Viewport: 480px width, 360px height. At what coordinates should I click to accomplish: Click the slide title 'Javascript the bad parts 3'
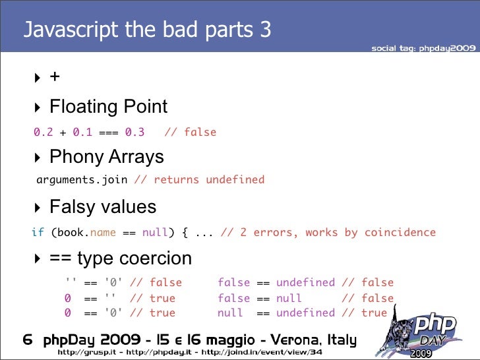pyautogui.click(x=147, y=30)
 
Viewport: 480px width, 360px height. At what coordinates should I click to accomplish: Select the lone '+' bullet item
pyautogui.click(x=55, y=77)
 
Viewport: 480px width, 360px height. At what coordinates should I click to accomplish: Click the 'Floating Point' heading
pyautogui.click(x=108, y=107)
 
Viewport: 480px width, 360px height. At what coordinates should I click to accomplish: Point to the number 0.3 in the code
pyautogui.click(x=135, y=132)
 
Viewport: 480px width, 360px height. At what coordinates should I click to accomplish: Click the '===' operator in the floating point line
pyautogui.click(x=108, y=132)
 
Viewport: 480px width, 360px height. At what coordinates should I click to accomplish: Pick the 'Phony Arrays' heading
pyautogui.click(x=106, y=157)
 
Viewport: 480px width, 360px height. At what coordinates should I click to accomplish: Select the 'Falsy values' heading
pyautogui.click(x=103, y=207)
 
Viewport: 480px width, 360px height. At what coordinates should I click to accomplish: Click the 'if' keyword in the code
pyautogui.click(x=38, y=232)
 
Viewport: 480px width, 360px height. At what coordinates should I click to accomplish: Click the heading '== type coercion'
pyautogui.click(x=120, y=258)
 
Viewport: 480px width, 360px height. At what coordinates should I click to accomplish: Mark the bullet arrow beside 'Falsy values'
pyautogui.click(x=38, y=208)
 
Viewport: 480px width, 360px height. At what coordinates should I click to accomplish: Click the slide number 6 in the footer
pyautogui.click(x=28, y=341)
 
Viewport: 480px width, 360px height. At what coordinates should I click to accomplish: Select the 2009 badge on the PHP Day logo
pyautogui.click(x=421, y=353)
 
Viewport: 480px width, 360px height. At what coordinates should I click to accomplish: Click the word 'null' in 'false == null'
pyautogui.click(x=289, y=298)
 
